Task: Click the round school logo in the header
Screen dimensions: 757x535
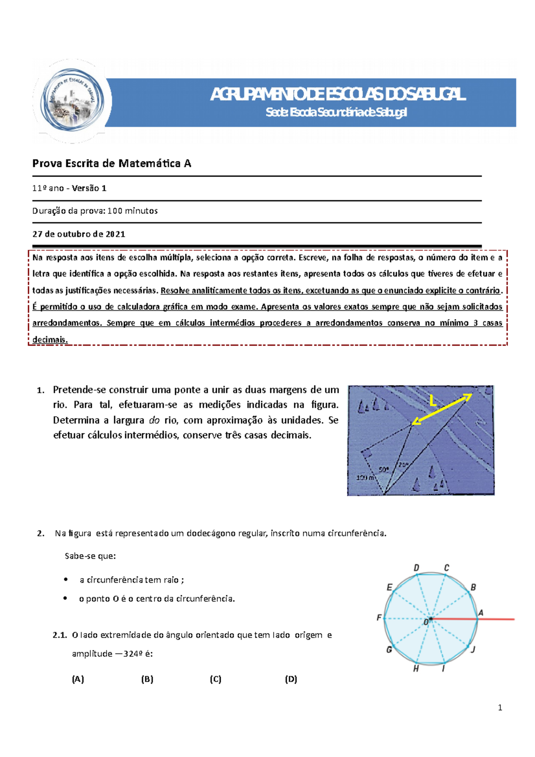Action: click(72, 101)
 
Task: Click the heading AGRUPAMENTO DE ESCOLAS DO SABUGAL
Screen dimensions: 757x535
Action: click(337, 95)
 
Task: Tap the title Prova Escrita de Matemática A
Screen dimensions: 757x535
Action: click(111, 164)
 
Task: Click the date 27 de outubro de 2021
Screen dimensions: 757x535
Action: click(78, 234)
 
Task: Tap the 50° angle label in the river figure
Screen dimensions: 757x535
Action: click(383, 469)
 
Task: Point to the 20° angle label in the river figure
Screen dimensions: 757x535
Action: click(403, 465)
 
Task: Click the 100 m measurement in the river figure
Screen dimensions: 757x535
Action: click(365, 477)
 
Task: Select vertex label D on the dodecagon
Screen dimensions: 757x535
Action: click(416, 568)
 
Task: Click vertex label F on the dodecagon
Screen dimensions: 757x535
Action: click(379, 617)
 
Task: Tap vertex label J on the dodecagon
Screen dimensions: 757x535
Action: click(473, 650)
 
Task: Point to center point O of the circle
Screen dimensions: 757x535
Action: click(430, 619)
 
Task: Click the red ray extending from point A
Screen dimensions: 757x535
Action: click(497, 619)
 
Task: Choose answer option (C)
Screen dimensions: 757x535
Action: click(215, 679)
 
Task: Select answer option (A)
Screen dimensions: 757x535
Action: click(78, 679)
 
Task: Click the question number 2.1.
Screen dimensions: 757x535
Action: click(59, 635)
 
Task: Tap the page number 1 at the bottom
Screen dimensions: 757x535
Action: click(500, 708)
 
